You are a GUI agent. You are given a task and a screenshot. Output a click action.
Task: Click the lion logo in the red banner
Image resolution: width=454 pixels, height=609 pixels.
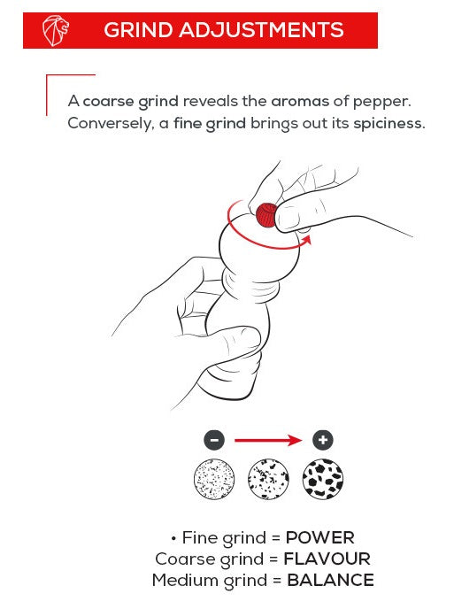pyautogui.click(x=56, y=31)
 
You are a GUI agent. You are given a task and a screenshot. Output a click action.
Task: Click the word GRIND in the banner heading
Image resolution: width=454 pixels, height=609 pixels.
pyautogui.click(x=138, y=30)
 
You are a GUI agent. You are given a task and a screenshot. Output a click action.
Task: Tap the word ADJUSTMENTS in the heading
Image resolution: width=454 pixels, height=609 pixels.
pyautogui.click(x=261, y=30)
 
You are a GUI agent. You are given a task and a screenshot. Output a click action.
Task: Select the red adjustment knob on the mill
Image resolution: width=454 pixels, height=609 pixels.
pyautogui.click(x=266, y=215)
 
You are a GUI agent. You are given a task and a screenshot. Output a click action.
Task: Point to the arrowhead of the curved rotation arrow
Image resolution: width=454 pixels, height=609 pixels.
pyautogui.click(x=307, y=239)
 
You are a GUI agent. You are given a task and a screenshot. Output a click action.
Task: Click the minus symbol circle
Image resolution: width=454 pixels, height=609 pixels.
pyautogui.click(x=214, y=440)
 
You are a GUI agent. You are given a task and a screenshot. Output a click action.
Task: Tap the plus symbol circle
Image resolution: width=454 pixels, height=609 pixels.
pyautogui.click(x=323, y=440)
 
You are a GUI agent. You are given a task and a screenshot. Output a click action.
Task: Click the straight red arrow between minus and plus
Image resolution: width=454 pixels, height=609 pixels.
pyautogui.click(x=268, y=440)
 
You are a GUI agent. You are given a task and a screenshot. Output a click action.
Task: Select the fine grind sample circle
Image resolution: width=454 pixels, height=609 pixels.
pyautogui.click(x=214, y=479)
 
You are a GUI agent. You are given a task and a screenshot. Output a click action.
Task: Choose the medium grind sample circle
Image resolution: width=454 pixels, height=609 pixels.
pyautogui.click(x=268, y=479)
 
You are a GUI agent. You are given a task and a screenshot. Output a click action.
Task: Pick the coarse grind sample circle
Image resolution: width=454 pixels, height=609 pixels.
pyautogui.click(x=323, y=479)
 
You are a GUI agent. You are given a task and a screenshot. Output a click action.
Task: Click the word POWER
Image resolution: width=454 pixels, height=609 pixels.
pyautogui.click(x=320, y=538)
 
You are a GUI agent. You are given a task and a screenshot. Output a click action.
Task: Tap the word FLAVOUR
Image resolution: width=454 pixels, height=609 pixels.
pyautogui.click(x=327, y=559)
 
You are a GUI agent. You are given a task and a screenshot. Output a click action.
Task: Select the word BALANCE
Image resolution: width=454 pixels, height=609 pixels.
pyautogui.click(x=330, y=580)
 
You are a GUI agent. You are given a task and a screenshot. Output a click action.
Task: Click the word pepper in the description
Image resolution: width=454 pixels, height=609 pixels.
pyautogui.click(x=381, y=102)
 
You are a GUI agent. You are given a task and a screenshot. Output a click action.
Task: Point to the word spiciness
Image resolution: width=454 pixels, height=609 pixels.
pyautogui.click(x=389, y=124)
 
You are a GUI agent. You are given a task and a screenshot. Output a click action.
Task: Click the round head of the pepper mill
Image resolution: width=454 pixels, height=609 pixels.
pyautogui.click(x=259, y=249)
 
